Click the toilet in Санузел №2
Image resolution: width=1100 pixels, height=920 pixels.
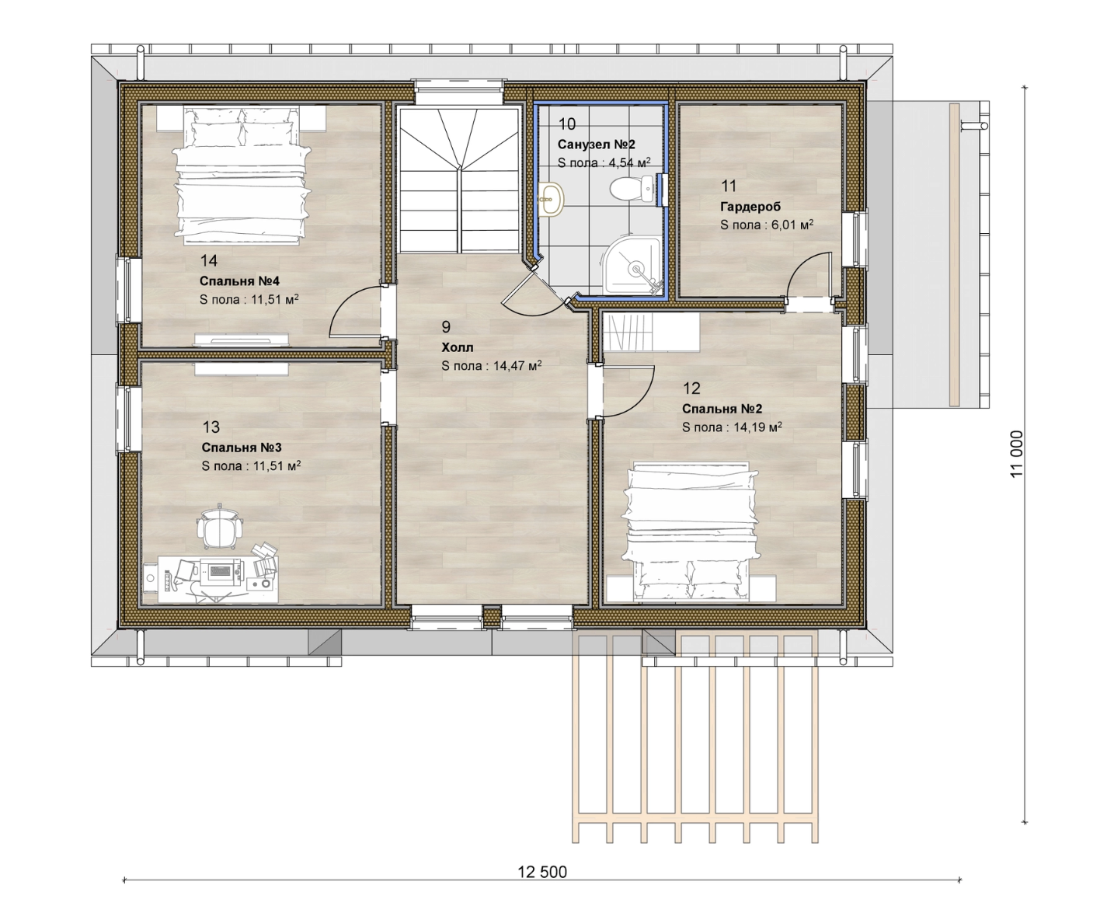tap(632, 189)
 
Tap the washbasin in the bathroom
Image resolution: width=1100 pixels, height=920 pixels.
tap(551, 199)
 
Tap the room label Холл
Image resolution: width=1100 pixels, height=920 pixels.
tap(458, 347)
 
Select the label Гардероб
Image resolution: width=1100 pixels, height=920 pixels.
tap(750, 207)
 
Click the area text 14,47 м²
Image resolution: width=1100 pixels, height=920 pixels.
tap(517, 365)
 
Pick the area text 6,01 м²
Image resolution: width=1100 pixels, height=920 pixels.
tap(792, 225)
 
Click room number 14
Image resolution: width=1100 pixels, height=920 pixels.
tap(209, 260)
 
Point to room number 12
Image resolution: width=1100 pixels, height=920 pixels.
tap(691, 389)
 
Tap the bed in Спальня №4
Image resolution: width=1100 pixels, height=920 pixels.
tap(241, 175)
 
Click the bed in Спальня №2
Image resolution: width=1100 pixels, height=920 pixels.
tap(691, 531)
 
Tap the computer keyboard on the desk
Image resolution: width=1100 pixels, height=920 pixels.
tap(221, 570)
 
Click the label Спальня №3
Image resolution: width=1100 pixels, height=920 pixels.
tap(242, 448)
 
